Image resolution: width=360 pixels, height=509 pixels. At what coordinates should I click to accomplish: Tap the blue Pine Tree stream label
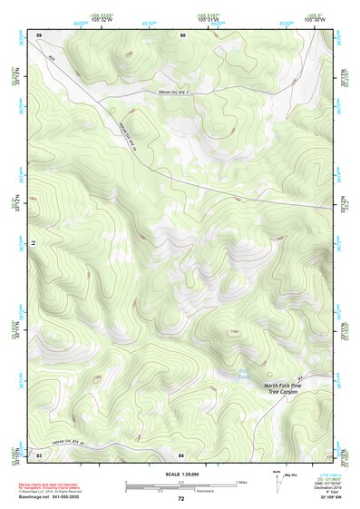click(x=255, y=371)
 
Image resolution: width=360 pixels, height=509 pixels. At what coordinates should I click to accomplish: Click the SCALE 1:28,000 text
click(x=180, y=475)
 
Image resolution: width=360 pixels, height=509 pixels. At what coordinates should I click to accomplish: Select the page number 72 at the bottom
click(x=180, y=499)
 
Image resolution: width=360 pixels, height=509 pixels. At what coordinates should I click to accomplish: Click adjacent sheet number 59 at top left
click(x=38, y=34)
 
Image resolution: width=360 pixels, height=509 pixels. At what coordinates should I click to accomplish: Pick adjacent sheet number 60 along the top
click(x=182, y=34)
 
